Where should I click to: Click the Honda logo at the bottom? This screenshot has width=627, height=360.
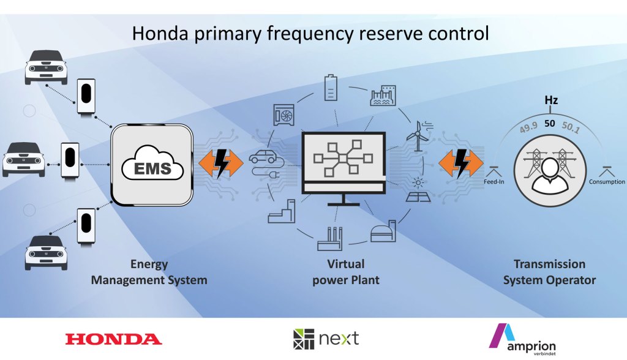tap(113, 339)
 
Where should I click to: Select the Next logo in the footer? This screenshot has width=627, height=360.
tap(326, 339)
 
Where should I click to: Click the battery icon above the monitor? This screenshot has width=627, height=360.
tap(331, 87)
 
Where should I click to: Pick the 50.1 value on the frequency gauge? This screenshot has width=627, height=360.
tap(571, 127)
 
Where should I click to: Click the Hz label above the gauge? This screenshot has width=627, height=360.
tap(551, 100)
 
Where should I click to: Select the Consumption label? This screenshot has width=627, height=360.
tap(607, 182)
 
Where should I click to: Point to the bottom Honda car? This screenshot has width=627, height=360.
tap(46, 252)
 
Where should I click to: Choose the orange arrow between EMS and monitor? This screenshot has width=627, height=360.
tap(221, 163)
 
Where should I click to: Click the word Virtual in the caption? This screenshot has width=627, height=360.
tap(346, 264)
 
